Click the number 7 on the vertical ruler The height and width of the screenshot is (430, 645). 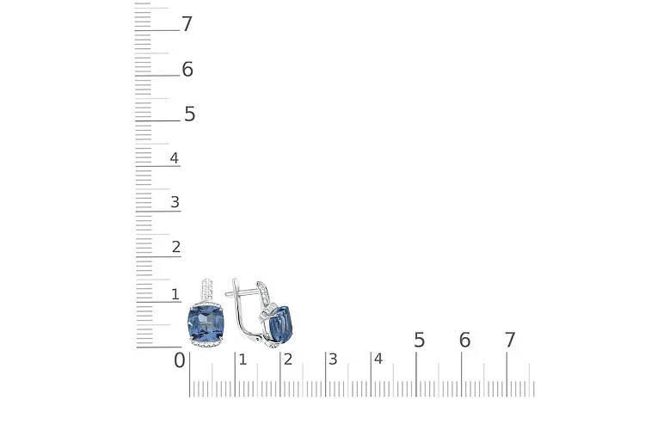[x=187, y=24]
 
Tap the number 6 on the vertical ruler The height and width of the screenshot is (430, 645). [x=187, y=69]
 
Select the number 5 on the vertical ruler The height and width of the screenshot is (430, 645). [x=190, y=114]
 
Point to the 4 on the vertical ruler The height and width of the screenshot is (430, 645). [x=175, y=158]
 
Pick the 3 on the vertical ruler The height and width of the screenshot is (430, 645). [x=175, y=202]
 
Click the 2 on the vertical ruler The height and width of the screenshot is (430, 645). [x=176, y=247]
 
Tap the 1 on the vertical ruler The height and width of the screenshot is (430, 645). [x=175, y=294]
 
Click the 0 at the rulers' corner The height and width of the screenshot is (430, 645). [x=180, y=360]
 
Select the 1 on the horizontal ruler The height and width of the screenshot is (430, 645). [x=243, y=359]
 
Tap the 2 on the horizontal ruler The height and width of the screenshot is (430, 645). [x=288, y=359]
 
